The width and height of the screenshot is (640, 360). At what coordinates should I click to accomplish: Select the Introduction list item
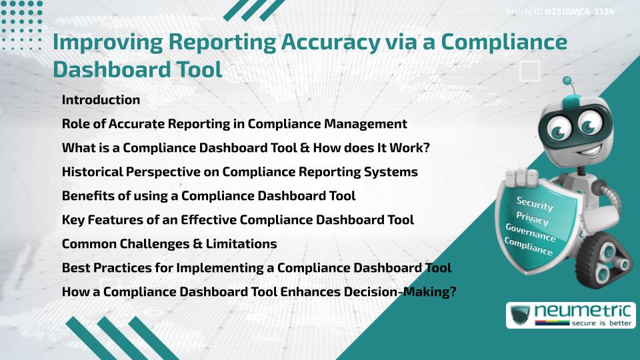pyautogui.click(x=101, y=100)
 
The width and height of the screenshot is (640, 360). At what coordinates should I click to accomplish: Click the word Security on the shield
pyautogui.click(x=535, y=203)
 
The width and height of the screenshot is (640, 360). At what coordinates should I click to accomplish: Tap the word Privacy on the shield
pyautogui.click(x=532, y=218)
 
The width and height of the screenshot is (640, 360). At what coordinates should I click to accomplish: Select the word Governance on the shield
pyautogui.click(x=531, y=233)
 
